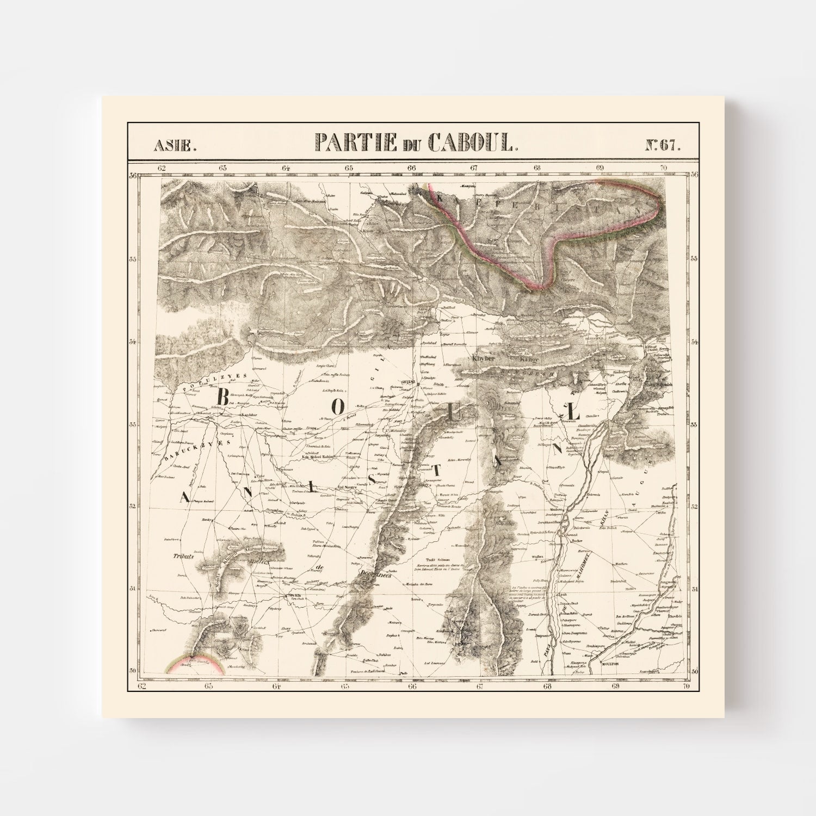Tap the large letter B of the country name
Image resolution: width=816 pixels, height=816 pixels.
pos(222,397)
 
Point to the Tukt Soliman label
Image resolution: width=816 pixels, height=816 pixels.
pos(440,558)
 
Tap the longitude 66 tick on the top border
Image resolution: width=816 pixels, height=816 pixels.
pos(411,168)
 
